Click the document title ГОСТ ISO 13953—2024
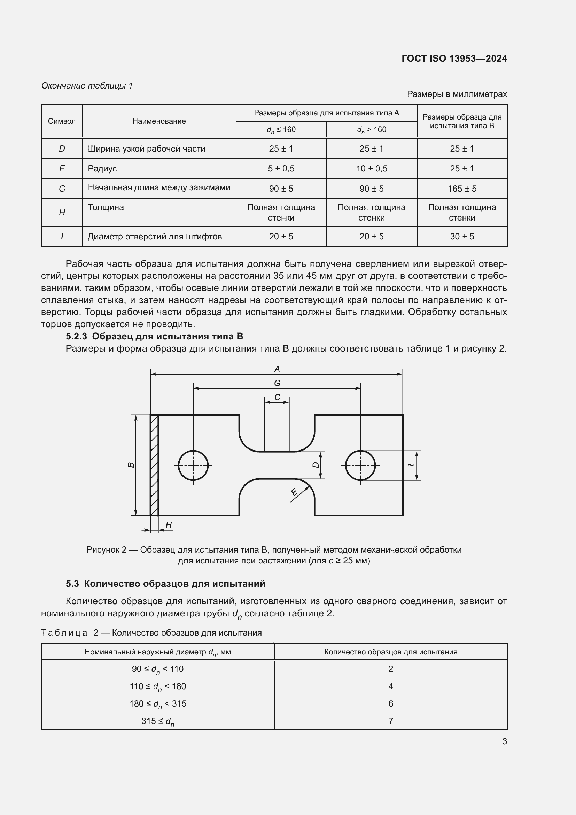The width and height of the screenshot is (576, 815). (454, 59)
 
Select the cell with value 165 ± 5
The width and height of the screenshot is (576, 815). (462, 189)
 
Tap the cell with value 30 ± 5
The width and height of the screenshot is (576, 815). (462, 236)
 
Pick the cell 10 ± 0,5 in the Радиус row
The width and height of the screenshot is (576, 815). (371, 169)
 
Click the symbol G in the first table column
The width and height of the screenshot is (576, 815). (62, 189)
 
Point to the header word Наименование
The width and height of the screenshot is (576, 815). (159, 121)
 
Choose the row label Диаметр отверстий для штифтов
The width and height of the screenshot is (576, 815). (155, 236)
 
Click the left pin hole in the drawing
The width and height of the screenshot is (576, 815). (193, 466)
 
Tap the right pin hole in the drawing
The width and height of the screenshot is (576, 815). (360, 466)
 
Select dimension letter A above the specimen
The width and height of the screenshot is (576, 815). (277, 369)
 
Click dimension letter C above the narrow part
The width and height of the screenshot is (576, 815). (277, 397)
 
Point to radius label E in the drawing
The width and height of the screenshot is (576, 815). (294, 492)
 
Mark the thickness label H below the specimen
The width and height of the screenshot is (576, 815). (169, 525)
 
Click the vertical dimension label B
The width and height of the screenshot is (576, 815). (131, 465)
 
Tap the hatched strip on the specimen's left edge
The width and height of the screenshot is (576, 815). (154, 465)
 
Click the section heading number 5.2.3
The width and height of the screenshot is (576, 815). (76, 336)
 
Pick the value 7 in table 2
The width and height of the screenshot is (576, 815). (390, 721)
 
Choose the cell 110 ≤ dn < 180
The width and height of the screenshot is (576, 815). (158, 686)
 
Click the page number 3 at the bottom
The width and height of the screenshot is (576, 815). (504, 741)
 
